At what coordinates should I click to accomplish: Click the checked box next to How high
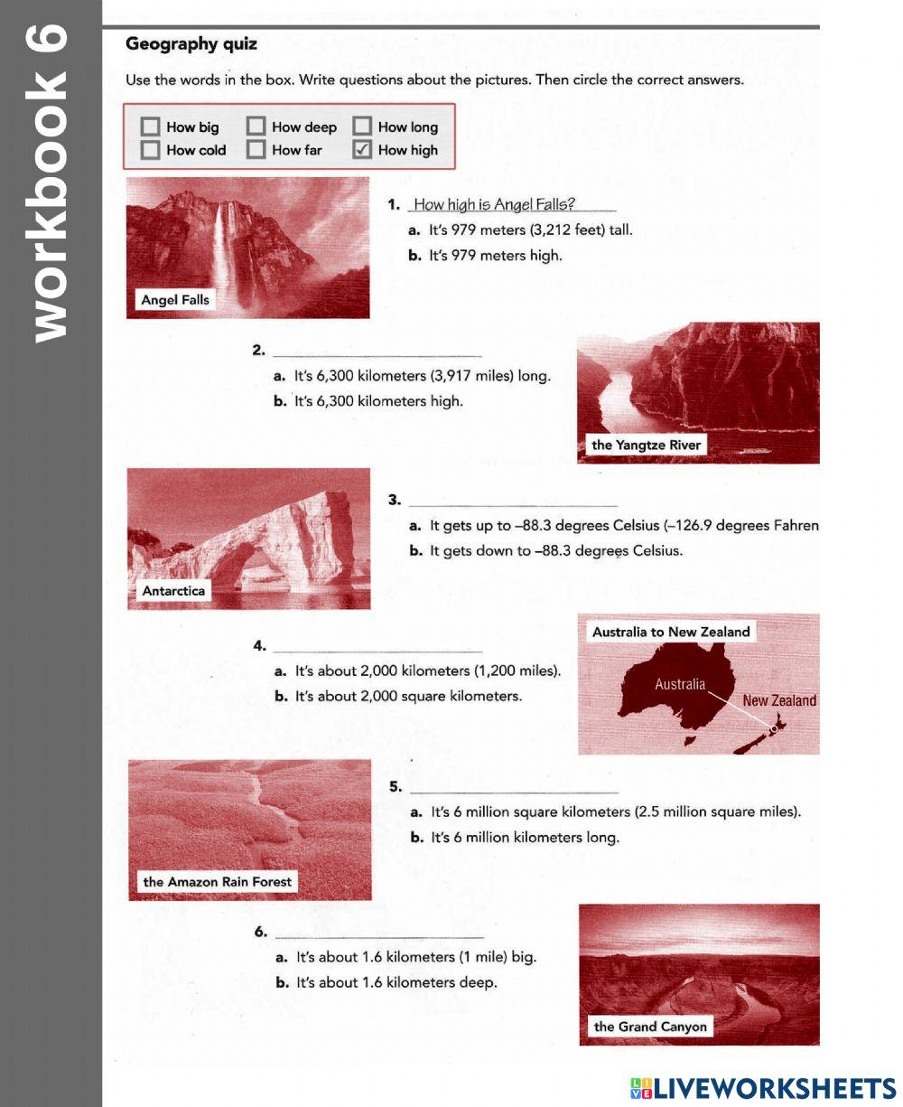click(362, 150)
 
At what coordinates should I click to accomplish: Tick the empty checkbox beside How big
click(151, 127)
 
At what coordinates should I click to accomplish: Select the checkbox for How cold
click(151, 150)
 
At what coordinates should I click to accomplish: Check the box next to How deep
click(256, 127)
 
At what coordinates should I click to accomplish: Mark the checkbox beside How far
click(256, 150)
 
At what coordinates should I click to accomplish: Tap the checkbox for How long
click(362, 127)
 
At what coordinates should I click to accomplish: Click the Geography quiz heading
click(191, 44)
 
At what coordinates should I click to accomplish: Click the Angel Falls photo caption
click(175, 300)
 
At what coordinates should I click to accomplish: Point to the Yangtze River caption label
click(646, 445)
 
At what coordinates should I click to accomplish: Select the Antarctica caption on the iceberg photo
click(173, 591)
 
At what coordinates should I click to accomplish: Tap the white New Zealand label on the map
click(778, 700)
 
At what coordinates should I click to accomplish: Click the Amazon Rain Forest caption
click(218, 882)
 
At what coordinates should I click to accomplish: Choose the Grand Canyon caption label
click(650, 1027)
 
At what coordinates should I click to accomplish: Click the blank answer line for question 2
click(377, 352)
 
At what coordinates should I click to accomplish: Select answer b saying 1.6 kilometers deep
click(396, 982)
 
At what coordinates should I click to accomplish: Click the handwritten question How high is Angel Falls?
click(494, 204)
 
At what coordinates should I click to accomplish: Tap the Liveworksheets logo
click(763, 1087)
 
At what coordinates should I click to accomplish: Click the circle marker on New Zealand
click(774, 728)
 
